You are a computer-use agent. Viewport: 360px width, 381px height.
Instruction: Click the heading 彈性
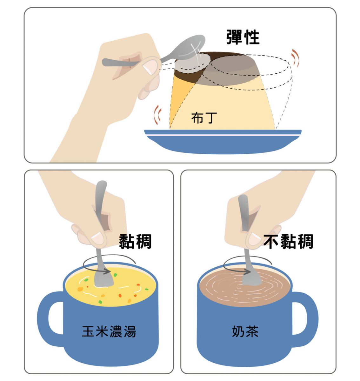243,37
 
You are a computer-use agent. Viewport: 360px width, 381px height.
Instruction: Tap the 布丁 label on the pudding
204,117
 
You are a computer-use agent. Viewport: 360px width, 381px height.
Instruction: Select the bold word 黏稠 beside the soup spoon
135,241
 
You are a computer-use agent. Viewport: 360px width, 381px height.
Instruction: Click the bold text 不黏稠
288,241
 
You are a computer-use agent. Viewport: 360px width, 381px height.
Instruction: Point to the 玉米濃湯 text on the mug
109,331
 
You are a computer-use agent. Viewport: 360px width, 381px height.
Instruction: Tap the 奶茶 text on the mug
245,331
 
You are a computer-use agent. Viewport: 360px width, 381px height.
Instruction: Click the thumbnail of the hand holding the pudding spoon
150,66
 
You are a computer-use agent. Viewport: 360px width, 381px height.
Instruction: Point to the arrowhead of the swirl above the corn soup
108,271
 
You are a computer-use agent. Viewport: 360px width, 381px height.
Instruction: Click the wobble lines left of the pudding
157,115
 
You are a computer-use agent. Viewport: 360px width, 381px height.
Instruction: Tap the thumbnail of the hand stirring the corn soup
98,238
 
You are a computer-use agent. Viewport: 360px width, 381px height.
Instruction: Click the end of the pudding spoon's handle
103,63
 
